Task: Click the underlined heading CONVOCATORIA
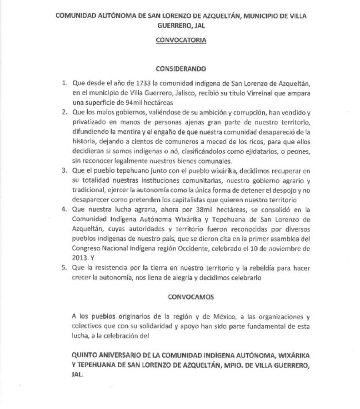point(181,40)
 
